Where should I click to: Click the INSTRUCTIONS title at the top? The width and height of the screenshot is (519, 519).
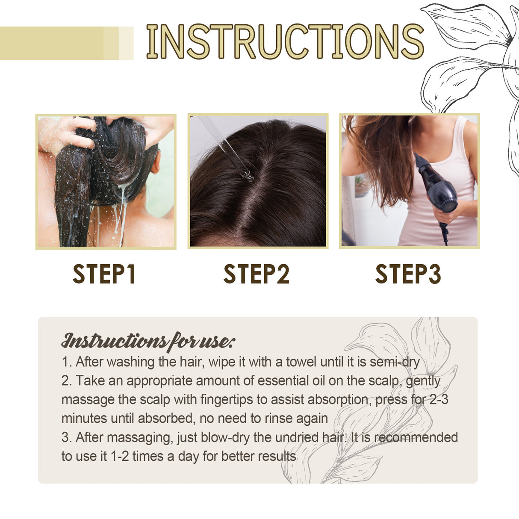point(284,41)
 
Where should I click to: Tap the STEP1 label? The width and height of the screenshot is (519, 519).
point(104,274)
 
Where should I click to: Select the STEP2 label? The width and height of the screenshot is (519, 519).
point(256,274)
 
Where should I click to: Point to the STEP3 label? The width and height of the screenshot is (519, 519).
point(408,274)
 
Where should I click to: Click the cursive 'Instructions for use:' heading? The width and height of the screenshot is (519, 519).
point(148,341)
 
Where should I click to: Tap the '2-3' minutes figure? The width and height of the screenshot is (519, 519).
point(437,400)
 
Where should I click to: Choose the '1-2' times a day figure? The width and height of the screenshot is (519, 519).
point(119,456)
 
